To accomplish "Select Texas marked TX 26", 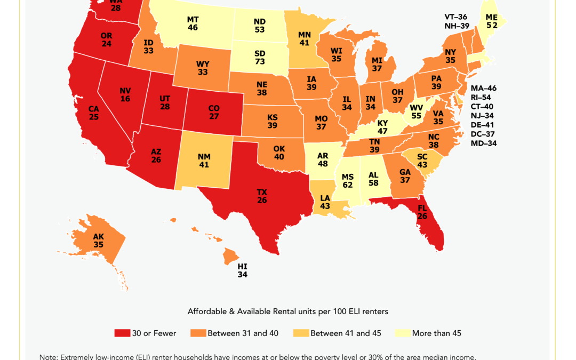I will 261,196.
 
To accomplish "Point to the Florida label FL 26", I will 422,212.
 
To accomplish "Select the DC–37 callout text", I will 483,134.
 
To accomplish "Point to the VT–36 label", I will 457,17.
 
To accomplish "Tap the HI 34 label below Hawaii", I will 243,270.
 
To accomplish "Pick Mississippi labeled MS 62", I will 348,181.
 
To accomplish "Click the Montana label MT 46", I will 193,23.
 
